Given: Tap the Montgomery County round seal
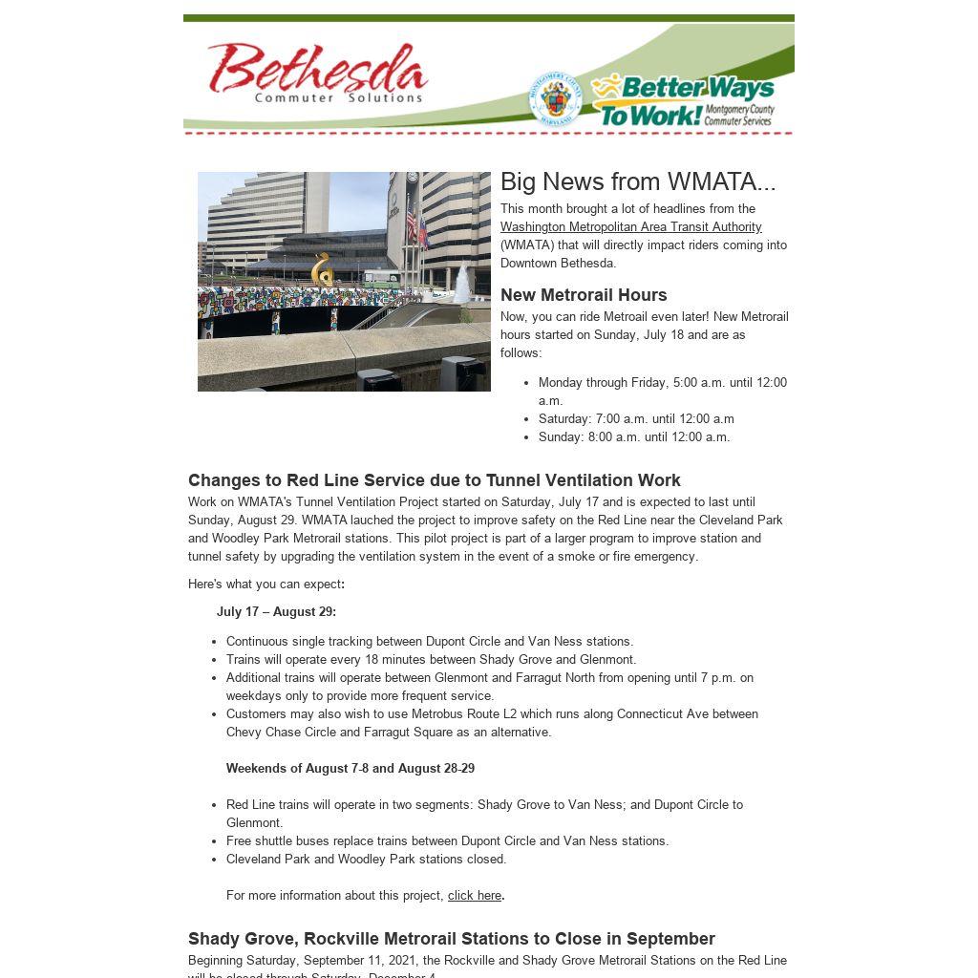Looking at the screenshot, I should (x=555, y=98).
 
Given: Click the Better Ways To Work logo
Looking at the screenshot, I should (x=683, y=100).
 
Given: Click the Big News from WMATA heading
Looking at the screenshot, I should (x=638, y=181).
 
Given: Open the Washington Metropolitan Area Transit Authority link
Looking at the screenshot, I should (x=630, y=227).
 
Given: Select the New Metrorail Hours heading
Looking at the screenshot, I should (x=584, y=295).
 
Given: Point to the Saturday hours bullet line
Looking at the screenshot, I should (x=636, y=419).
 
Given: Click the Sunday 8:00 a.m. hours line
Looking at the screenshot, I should (x=634, y=437).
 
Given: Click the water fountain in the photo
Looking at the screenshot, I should (x=462, y=283).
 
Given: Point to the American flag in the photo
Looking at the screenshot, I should (x=412, y=222).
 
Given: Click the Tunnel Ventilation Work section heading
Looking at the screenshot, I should (x=435, y=480).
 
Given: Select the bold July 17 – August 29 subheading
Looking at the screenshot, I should (x=276, y=612).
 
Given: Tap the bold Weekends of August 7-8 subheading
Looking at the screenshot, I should (x=351, y=769).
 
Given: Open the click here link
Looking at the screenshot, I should (x=475, y=896).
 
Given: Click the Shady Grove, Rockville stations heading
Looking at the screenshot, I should (x=452, y=939).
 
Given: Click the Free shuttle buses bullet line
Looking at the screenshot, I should (x=447, y=841).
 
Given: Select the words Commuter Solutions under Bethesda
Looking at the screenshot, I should (x=338, y=97).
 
